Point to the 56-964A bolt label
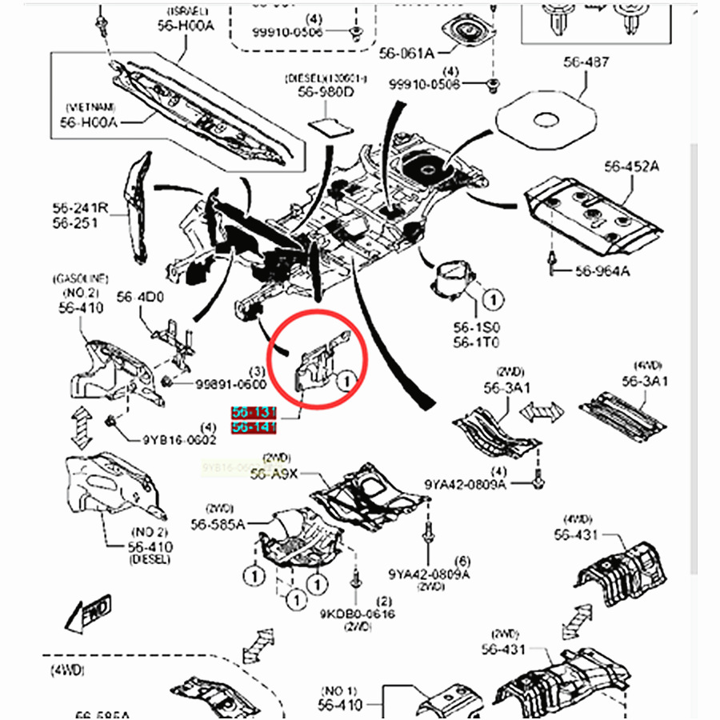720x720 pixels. coord(602,271)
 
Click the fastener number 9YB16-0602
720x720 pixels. coord(179,439)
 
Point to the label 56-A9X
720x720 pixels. coord(274,474)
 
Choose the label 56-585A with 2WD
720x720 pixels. coord(218,524)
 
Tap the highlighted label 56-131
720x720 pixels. coord(254,414)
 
